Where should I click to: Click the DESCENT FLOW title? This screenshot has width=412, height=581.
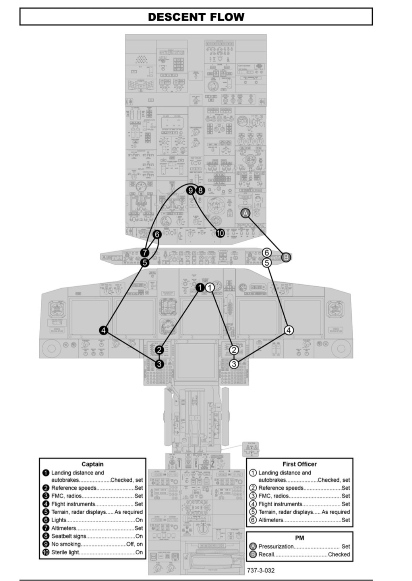pyautogui.click(x=196, y=17)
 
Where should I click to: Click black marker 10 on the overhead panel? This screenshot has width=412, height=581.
pyautogui.click(x=220, y=233)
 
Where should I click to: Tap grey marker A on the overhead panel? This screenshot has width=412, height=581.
pyautogui.click(x=246, y=213)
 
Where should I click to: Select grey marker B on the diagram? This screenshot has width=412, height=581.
pyautogui.click(x=286, y=257)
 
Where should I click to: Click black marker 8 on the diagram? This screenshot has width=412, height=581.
pyautogui.click(x=200, y=190)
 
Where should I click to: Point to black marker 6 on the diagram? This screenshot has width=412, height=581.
pyautogui.click(x=157, y=234)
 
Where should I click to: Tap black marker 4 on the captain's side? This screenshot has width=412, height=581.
pyautogui.click(x=104, y=330)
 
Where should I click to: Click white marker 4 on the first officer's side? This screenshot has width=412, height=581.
pyautogui.click(x=289, y=330)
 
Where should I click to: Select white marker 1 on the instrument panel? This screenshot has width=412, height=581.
pyautogui.click(x=210, y=287)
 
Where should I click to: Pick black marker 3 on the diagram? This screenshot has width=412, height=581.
pyautogui.click(x=159, y=363)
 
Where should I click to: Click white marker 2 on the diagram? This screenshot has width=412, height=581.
pyautogui.click(x=234, y=349)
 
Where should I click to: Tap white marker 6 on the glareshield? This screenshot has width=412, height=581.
pyautogui.click(x=267, y=253)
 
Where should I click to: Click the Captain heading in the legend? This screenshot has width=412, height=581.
pyautogui.click(x=93, y=464)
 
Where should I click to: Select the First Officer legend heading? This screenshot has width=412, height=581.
pyautogui.click(x=300, y=464)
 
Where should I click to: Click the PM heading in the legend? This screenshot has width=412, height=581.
pyautogui.click(x=300, y=538)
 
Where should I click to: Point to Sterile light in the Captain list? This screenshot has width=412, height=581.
pyautogui.click(x=65, y=552)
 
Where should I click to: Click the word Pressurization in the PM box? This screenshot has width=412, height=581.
pyautogui.click(x=276, y=546)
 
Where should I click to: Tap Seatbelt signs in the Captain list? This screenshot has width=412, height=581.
pyautogui.click(x=69, y=536)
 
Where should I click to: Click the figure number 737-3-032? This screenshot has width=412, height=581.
pyautogui.click(x=261, y=570)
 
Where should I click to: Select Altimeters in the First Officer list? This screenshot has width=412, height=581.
pyautogui.click(x=271, y=520)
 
